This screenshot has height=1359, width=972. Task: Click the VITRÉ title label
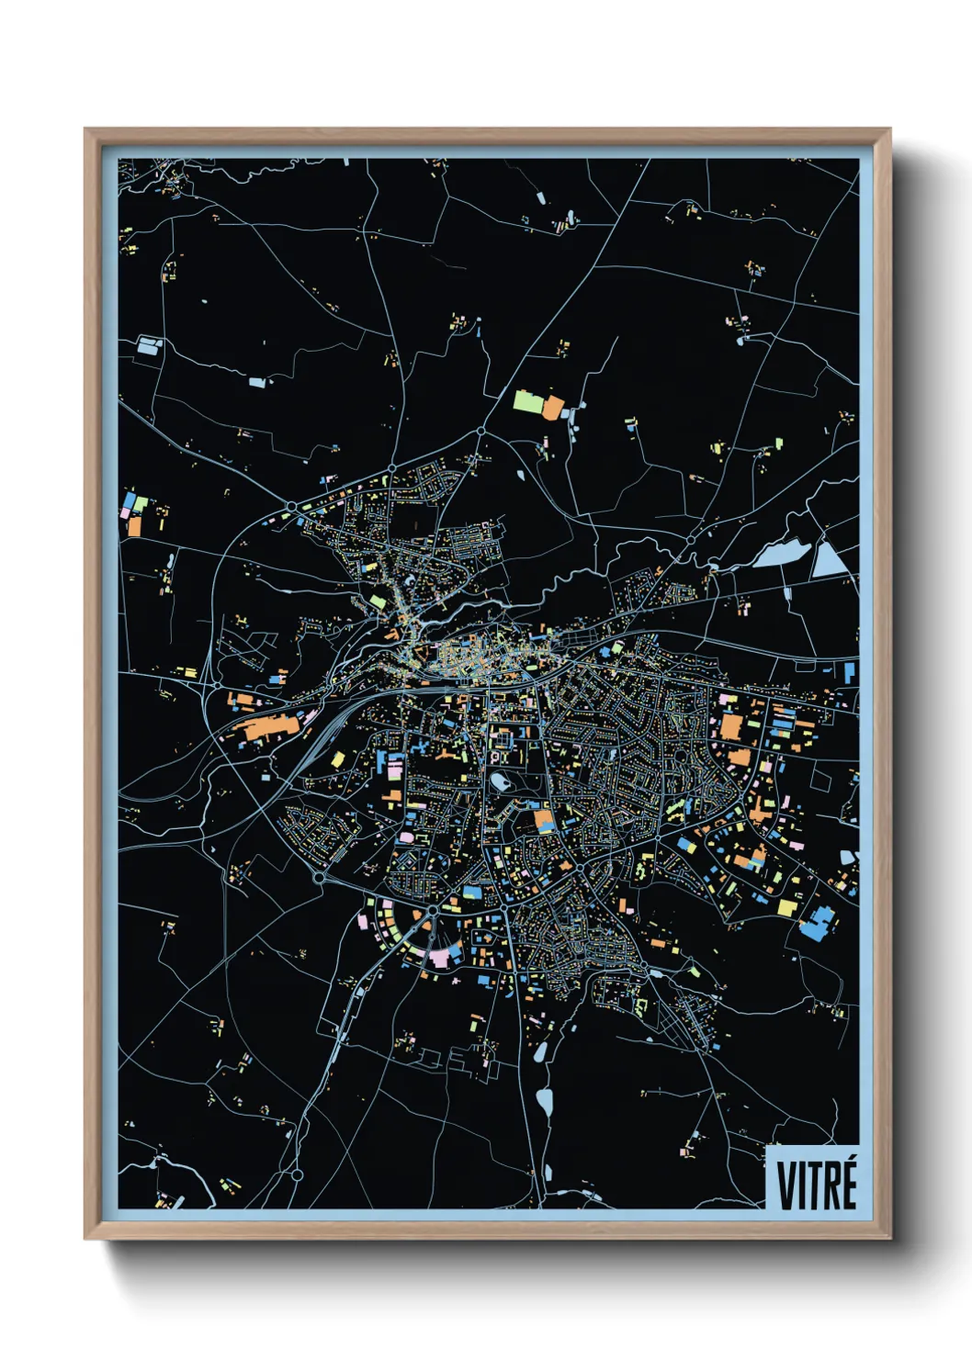pos(816,1185)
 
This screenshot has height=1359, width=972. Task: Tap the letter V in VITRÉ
pos(788,1185)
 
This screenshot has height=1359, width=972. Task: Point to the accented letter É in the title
pos(848,1184)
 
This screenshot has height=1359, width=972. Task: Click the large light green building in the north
pos(528,401)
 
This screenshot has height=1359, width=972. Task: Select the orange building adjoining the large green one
pos(553,408)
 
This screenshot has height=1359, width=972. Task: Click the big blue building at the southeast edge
pos(816,922)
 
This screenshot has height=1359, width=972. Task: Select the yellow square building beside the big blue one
pos(787,907)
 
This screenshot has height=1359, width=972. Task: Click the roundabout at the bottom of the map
pos(297,1174)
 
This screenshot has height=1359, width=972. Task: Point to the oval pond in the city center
pos(501,781)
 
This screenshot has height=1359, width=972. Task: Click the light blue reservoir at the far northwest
pos(148,346)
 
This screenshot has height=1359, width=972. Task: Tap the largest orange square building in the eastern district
pos(730,726)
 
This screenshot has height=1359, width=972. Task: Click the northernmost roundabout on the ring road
pos(480,431)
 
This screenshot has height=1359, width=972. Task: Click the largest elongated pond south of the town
pos(545,1101)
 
